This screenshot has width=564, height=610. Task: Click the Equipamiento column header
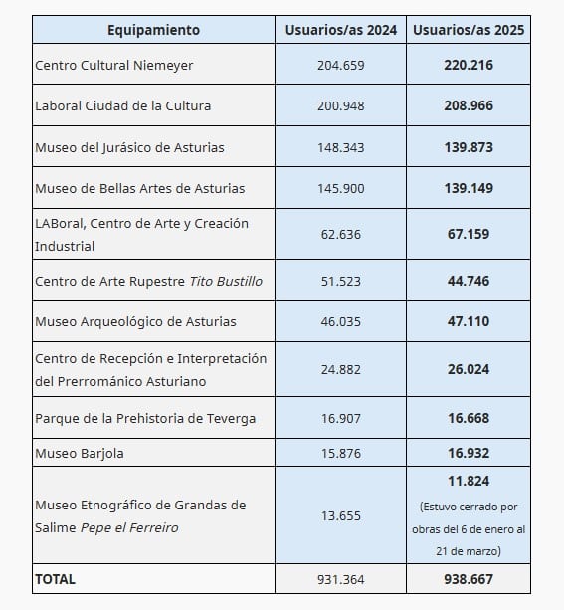pyautogui.click(x=153, y=30)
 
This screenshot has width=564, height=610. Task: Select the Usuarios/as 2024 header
pyautogui.click(x=340, y=30)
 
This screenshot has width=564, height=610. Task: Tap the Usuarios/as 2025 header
pyautogui.click(x=470, y=30)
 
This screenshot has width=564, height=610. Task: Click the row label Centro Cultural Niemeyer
pyautogui.click(x=114, y=65)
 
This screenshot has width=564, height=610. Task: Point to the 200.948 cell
pyautogui.click(x=340, y=105)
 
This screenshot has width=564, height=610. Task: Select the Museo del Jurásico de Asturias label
pyautogui.click(x=129, y=147)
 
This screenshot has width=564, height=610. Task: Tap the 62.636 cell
pyautogui.click(x=340, y=235)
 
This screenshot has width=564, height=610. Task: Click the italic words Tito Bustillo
pyautogui.click(x=226, y=281)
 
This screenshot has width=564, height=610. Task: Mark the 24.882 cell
pyautogui.click(x=340, y=369)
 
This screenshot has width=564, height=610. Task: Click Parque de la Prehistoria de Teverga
pyautogui.click(x=145, y=418)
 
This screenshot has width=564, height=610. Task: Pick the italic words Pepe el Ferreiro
pyautogui.click(x=132, y=527)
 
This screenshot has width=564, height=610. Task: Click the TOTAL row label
pyautogui.click(x=56, y=578)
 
